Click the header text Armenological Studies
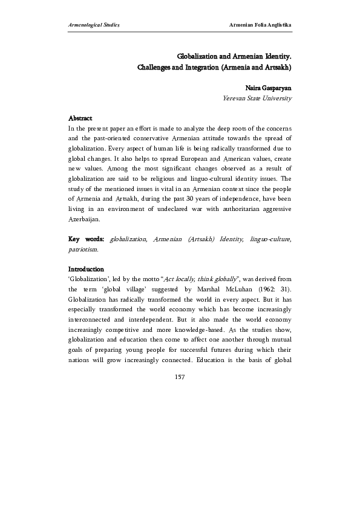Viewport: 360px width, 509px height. coord(94,25)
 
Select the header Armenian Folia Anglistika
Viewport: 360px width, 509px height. coord(257,25)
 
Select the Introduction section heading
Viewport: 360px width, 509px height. coord(86,269)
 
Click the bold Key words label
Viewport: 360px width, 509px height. coord(86,240)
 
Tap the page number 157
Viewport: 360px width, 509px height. coord(180,377)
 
